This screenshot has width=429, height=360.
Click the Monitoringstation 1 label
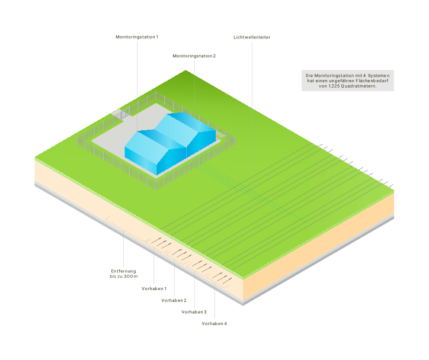(x=137, y=37)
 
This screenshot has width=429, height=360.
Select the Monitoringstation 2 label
(x=194, y=56)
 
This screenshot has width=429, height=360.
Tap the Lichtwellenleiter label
(x=252, y=37)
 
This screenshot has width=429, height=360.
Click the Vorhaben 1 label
(x=154, y=288)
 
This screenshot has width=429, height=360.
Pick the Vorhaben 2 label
(x=174, y=300)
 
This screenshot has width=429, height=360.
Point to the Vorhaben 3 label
(x=194, y=311)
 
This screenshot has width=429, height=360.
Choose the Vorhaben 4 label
(x=214, y=323)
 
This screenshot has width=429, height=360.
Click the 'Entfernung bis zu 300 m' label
(x=123, y=274)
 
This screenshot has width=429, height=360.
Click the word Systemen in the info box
(x=377, y=76)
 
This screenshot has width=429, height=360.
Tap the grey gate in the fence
(x=118, y=113)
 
